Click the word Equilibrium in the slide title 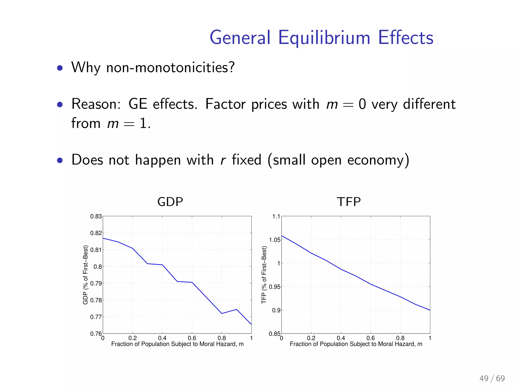pyautogui.click(x=324, y=38)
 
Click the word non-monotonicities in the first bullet pyautogui.click(x=170, y=67)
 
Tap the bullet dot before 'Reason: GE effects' pyautogui.click(x=60, y=104)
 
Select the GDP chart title pyautogui.click(x=170, y=202)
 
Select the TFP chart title pyautogui.click(x=349, y=202)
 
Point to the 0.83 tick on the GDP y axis pyautogui.click(x=96, y=216)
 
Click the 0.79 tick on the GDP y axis pyautogui.click(x=96, y=283)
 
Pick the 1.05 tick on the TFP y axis pyautogui.click(x=275, y=240)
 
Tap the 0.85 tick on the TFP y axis pyautogui.click(x=275, y=334)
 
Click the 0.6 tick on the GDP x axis pyautogui.click(x=192, y=338)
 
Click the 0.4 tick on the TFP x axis pyautogui.click(x=341, y=338)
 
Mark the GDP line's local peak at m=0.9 pyautogui.click(x=237, y=309)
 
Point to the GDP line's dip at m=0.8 pyautogui.click(x=222, y=313)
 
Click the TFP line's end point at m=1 pyautogui.click(x=430, y=310)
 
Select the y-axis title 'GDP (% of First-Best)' pyautogui.click(x=86, y=275)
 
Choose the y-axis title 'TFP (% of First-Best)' pyautogui.click(x=264, y=275)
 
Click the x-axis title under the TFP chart pyautogui.click(x=356, y=344)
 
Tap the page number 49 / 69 pyautogui.click(x=492, y=378)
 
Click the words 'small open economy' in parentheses pyautogui.click(x=338, y=160)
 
